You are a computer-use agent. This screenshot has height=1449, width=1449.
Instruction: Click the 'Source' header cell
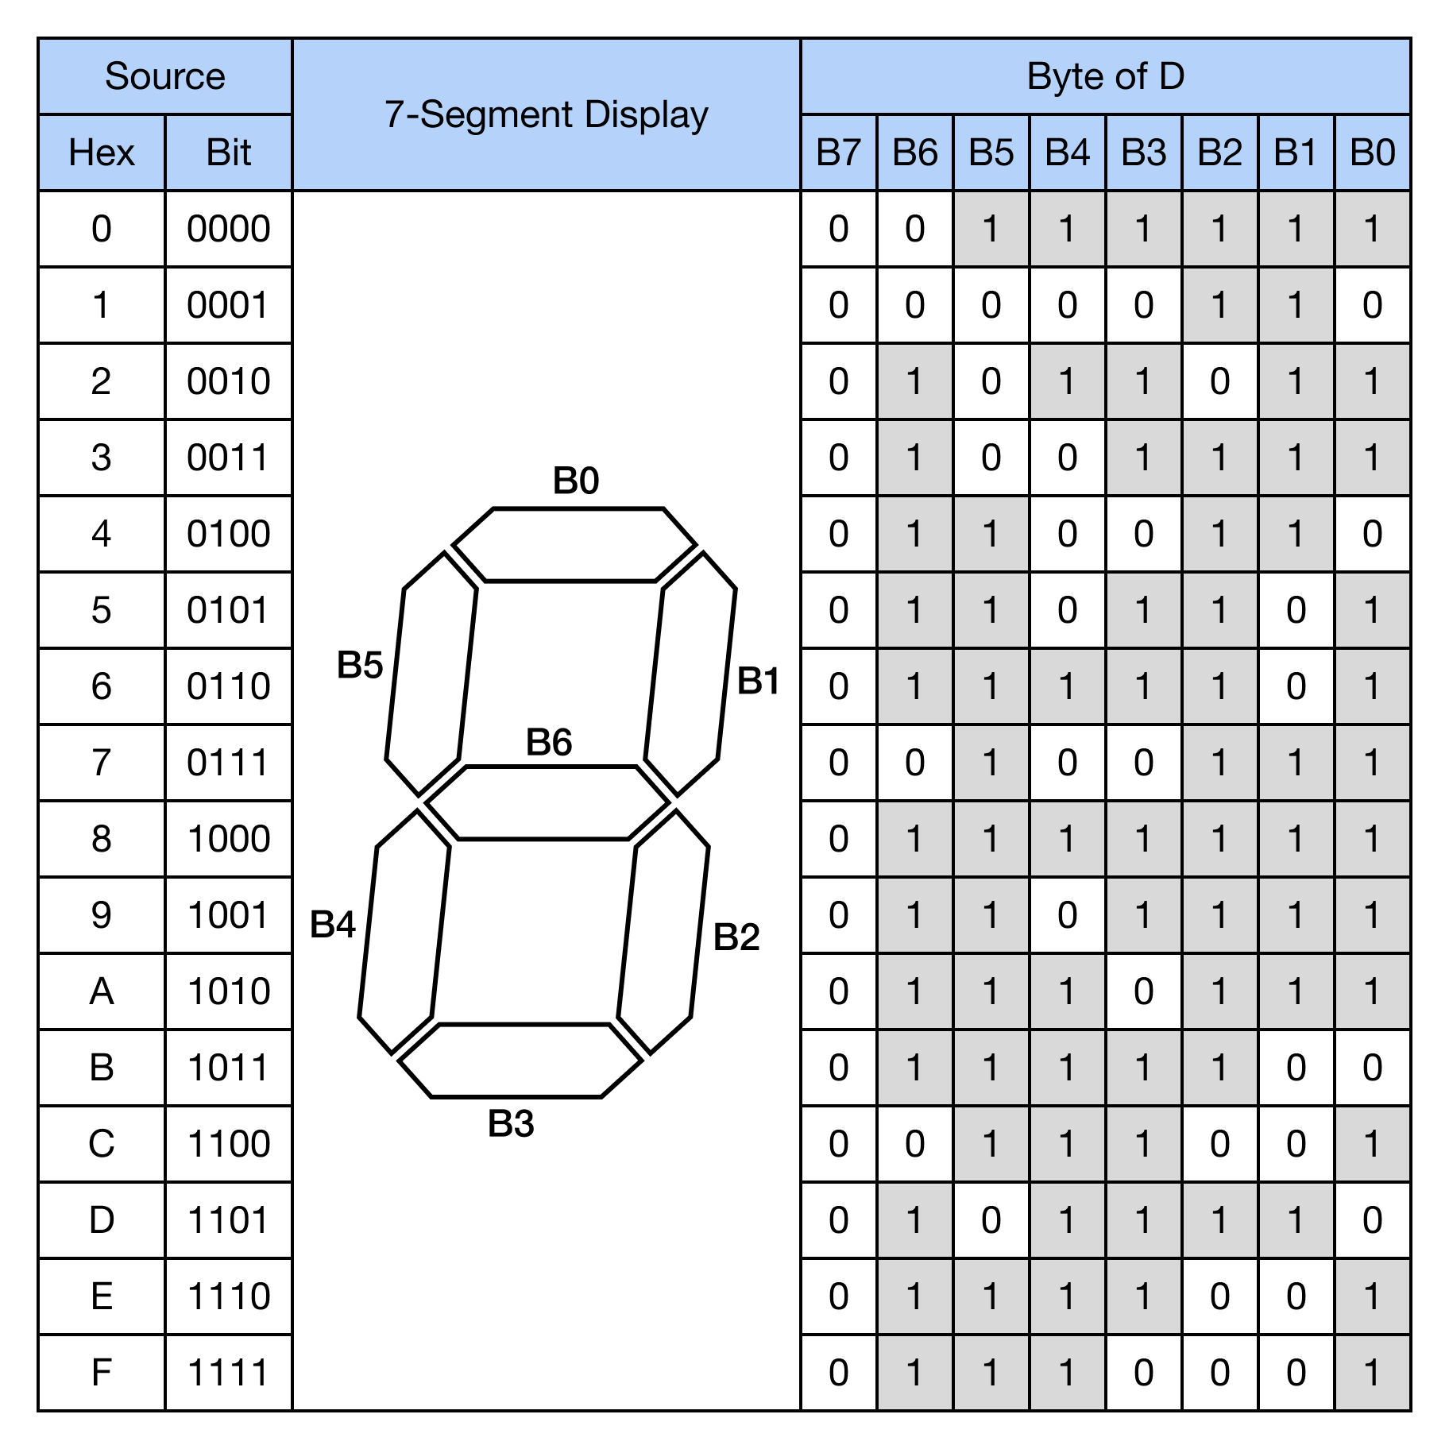165,76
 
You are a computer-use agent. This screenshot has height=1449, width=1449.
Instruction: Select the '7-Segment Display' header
546,114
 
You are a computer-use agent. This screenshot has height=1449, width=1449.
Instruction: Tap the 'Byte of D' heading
1105,76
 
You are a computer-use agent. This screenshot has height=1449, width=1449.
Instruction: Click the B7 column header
839,153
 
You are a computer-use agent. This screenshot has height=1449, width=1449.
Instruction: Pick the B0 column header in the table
1372,153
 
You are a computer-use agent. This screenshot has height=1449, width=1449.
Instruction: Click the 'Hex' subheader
102,153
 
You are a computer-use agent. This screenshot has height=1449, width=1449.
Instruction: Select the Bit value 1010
229,991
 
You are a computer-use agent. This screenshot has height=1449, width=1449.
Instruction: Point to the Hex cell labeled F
102,1373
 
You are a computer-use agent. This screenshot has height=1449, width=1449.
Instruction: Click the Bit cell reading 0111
229,763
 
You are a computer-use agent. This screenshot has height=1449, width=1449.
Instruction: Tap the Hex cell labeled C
102,1144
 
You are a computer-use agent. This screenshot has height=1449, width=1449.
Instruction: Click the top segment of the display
574,545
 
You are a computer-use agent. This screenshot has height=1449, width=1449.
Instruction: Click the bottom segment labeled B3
520,1061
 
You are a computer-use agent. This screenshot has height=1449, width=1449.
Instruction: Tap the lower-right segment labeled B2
663,931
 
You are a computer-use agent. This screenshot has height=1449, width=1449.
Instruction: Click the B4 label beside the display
333,925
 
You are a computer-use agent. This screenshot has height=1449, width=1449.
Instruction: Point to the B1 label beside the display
758,681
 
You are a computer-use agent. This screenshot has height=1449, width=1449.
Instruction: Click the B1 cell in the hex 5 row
1296,610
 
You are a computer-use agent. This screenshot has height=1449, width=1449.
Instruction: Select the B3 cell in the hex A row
1143,991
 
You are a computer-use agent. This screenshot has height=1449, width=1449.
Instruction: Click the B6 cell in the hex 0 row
915,229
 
